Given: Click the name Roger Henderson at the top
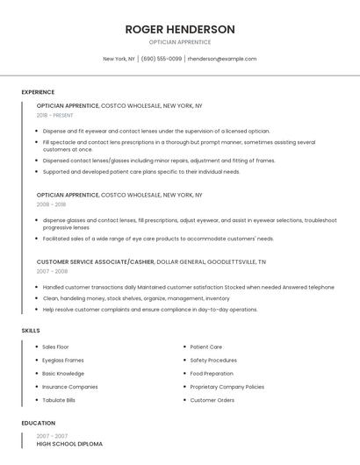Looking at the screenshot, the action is click(x=180, y=29).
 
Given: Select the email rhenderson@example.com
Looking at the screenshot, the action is click(x=222, y=59).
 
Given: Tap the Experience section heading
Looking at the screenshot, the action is click(x=38, y=92).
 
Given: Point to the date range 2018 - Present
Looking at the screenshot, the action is click(x=56, y=115).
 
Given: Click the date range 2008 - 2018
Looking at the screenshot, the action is click(x=51, y=204).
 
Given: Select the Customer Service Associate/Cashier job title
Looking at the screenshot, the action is click(x=95, y=261).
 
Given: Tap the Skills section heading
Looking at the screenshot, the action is click(x=31, y=330).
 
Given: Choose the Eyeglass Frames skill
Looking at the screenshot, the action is click(x=63, y=360).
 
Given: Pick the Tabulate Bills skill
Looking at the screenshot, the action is click(x=59, y=399).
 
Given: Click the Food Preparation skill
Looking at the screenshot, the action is click(x=212, y=373).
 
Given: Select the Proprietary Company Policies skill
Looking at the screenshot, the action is click(x=227, y=386).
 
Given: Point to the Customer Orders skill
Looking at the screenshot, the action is click(x=212, y=399).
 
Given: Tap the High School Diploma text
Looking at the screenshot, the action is click(x=69, y=444).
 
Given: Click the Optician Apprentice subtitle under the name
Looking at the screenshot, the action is click(x=180, y=42).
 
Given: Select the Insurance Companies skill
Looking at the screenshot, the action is click(x=70, y=386).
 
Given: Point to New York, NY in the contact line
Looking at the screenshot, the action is click(x=119, y=59).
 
